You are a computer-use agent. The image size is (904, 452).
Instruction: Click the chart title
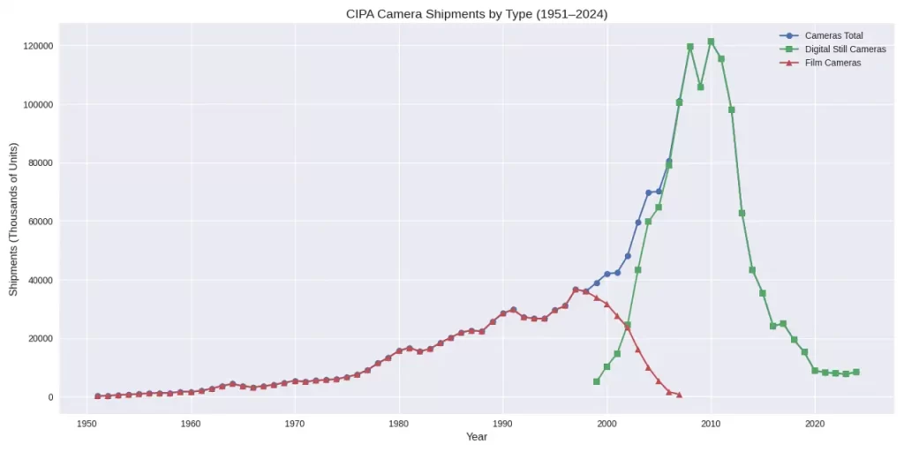tap(452, 14)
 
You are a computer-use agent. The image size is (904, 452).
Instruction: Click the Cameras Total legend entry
tap(833, 35)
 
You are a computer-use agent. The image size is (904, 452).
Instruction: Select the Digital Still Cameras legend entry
tap(845, 49)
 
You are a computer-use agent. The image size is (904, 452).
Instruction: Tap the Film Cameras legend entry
tap(832, 63)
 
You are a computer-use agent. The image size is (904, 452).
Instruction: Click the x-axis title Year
tap(477, 437)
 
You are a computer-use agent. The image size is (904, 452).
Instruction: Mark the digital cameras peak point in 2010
tap(711, 41)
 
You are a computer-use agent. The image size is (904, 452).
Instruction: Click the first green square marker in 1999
tap(597, 381)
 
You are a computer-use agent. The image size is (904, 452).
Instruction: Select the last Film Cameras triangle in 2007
tap(679, 395)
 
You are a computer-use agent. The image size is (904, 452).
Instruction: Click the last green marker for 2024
tap(856, 373)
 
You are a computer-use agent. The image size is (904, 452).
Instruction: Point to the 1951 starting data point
tap(98, 396)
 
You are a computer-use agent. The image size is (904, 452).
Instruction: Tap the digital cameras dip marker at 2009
tap(700, 87)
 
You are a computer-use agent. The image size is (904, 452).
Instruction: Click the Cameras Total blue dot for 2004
tap(648, 192)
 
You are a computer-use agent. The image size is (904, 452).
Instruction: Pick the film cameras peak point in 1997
tap(576, 290)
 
